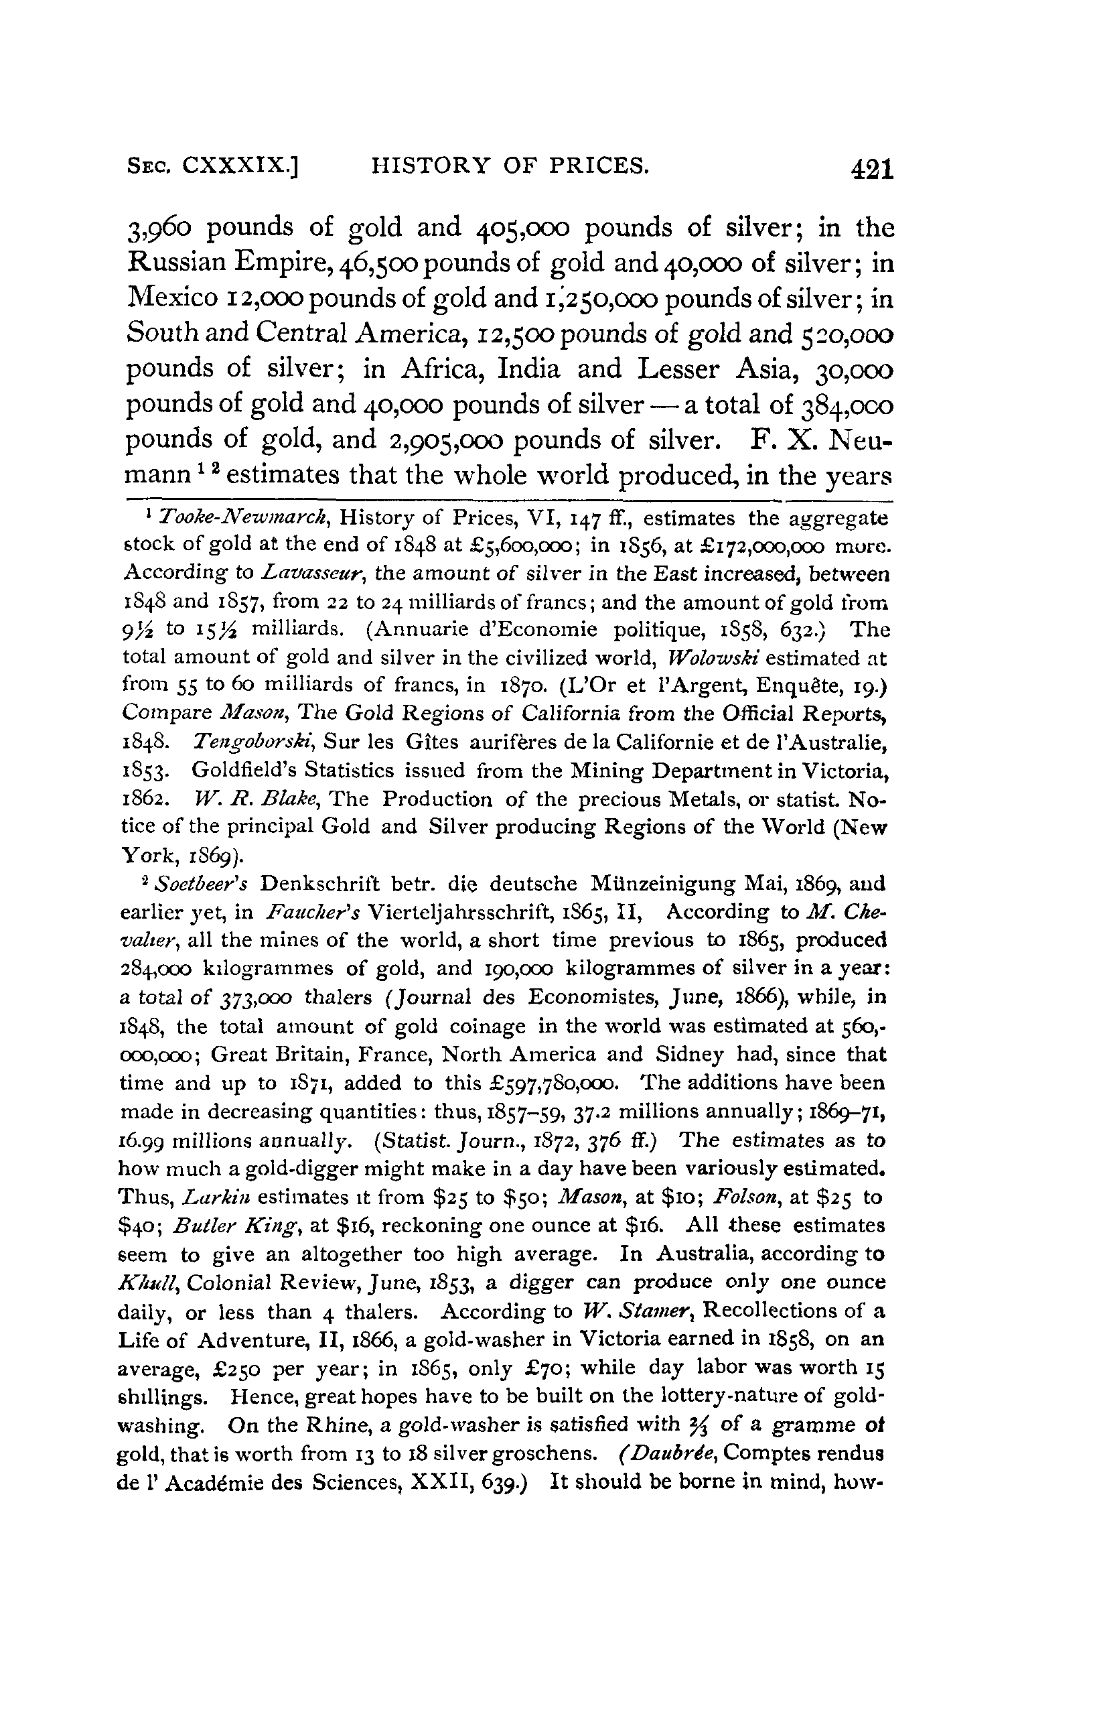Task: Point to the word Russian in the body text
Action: tap(175, 263)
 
